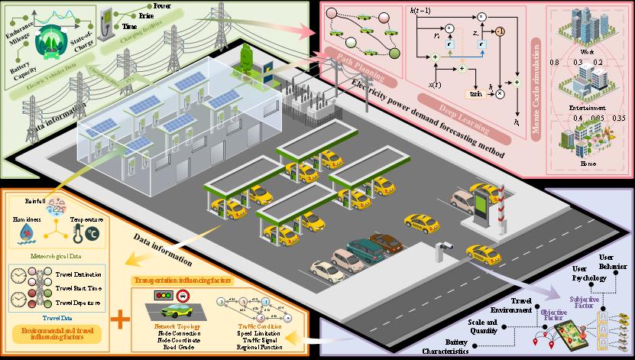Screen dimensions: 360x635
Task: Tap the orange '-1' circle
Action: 499,31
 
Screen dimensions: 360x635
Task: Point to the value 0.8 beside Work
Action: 556,61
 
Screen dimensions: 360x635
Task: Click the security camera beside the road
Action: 443,246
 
